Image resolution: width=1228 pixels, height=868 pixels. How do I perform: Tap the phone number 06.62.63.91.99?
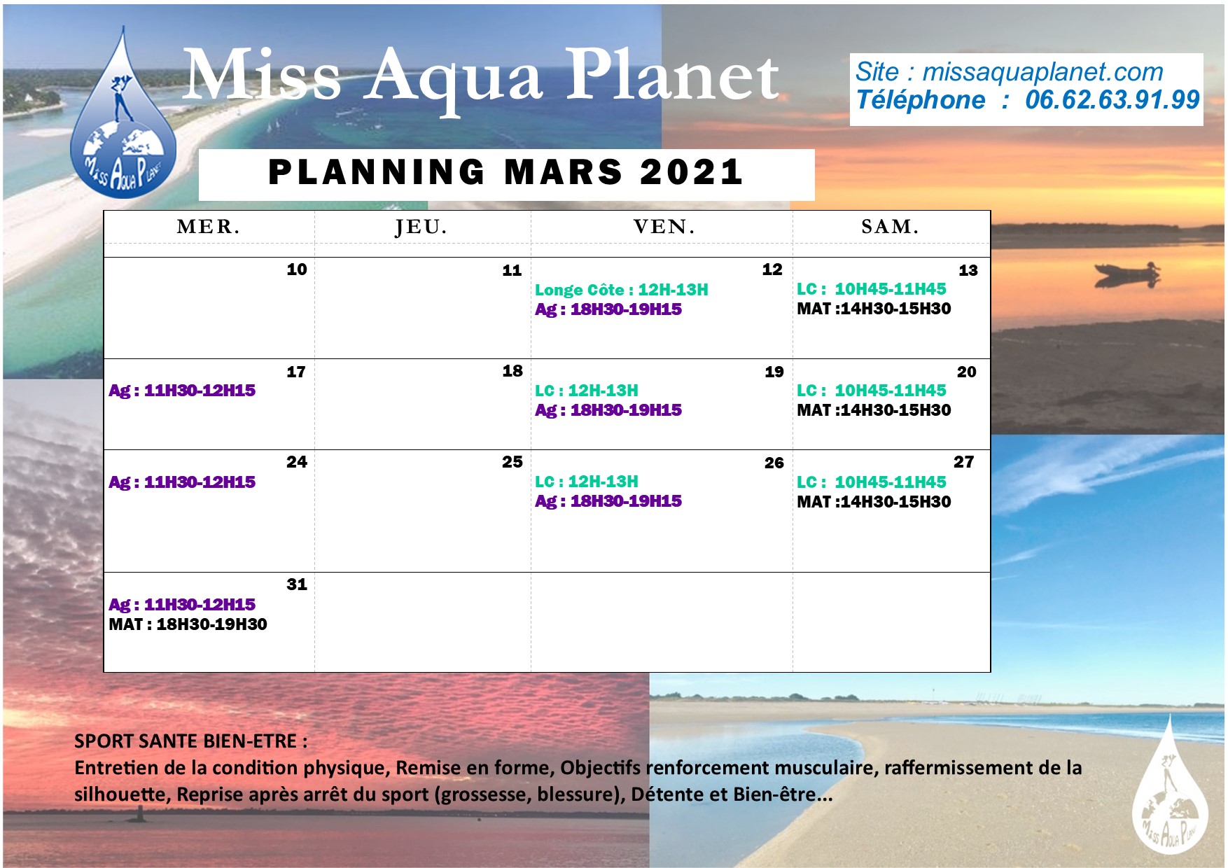(x=1112, y=100)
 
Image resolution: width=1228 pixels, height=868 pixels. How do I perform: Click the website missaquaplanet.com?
(x=1042, y=71)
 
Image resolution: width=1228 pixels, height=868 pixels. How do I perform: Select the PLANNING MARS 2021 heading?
(x=505, y=172)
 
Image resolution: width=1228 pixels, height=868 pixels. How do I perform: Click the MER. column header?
(x=209, y=227)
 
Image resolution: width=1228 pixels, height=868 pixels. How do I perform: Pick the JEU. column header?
(x=421, y=227)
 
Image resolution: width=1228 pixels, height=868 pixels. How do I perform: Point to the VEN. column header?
(x=664, y=227)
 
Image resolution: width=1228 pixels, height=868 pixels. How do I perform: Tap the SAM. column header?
(x=890, y=227)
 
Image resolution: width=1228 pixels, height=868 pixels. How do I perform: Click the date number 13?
(x=968, y=270)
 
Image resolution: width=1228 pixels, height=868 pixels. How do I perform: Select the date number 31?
(x=297, y=584)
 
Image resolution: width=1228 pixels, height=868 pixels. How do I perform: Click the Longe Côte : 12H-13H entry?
(x=622, y=290)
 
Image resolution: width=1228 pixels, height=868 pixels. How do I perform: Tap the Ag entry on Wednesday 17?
(x=182, y=391)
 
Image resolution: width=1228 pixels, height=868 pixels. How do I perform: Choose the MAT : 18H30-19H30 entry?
(x=188, y=624)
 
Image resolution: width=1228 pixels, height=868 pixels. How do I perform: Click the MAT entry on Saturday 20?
(x=874, y=410)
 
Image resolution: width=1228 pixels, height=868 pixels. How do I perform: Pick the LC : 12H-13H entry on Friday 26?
(x=587, y=482)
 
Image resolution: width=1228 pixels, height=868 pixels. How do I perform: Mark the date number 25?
(x=512, y=462)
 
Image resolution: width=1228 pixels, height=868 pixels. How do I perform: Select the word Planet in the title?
(x=672, y=76)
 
